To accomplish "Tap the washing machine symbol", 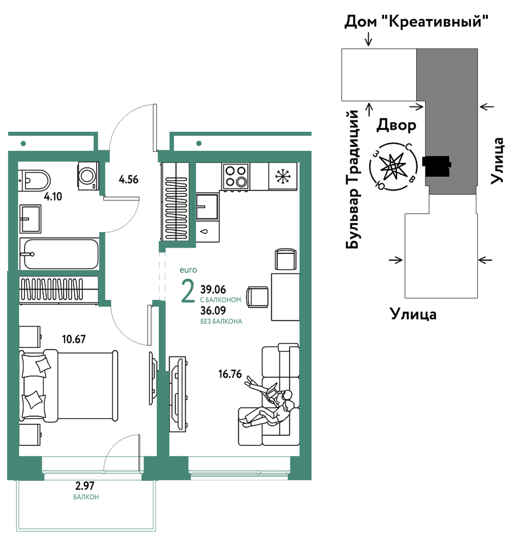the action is (88, 175).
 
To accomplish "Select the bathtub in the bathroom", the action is (59, 254).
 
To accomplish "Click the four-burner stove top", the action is (236, 176).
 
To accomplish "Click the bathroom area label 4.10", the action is (53, 197).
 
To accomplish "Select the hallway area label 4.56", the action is (128, 179).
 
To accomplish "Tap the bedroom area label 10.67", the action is (74, 339).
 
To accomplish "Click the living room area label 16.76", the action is (230, 374).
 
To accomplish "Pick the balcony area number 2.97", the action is (85, 486).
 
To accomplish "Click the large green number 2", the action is (188, 292).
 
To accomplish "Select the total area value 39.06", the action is (213, 289).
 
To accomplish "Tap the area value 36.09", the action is (213, 310).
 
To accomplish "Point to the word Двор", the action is (396, 125).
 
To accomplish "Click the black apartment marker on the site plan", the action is (436, 166).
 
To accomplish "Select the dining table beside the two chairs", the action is (285, 297).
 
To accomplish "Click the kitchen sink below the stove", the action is (207, 207).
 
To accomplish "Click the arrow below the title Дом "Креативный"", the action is (369, 39).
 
